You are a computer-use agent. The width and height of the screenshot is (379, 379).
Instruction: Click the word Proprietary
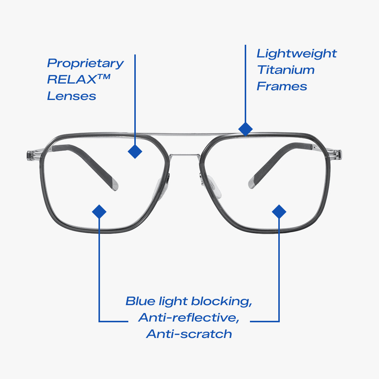pos(85,63)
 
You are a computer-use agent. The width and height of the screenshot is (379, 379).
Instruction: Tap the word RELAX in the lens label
pos(72,79)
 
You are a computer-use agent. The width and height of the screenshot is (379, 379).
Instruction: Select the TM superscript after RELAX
pos(104,77)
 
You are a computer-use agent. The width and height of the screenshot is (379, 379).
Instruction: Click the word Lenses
pos(72,96)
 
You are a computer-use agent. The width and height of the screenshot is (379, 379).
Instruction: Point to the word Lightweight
pos(297,54)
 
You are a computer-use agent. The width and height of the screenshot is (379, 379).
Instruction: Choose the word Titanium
pos(286,70)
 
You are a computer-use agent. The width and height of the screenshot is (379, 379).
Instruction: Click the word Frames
pos(282,86)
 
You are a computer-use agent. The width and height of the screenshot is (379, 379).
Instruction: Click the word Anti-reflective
pos(189,317)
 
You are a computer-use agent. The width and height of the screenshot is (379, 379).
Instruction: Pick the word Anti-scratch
pos(189,334)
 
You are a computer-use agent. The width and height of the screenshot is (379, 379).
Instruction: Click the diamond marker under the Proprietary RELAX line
pos(135,151)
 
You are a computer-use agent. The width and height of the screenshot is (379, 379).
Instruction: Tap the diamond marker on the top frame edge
pos(245,129)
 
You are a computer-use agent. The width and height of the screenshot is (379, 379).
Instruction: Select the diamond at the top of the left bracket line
pos(99,212)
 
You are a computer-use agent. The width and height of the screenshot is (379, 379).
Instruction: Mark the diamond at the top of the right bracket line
pos(279,212)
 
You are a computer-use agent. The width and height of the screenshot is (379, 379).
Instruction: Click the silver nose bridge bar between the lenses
pos(185,155)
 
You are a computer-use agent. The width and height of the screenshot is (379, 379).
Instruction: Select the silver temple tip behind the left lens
pos(115,185)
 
